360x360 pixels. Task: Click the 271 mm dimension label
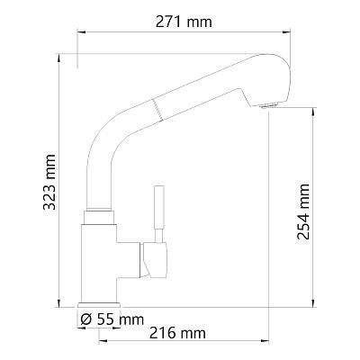pyautogui.click(x=184, y=22)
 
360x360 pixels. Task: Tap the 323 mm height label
pyautogui.click(x=49, y=182)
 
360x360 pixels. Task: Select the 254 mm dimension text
pyautogui.click(x=303, y=211)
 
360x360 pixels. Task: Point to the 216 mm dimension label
pyautogui.click(x=177, y=333)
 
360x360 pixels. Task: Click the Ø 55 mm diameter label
pyautogui.click(x=112, y=319)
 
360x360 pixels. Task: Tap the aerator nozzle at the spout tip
pyautogui.click(x=268, y=105)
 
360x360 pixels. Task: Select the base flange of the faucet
pyautogui.click(x=99, y=305)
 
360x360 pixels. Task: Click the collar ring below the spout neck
pyautogui.click(x=99, y=217)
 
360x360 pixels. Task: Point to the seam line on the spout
pyautogui.click(x=157, y=110)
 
